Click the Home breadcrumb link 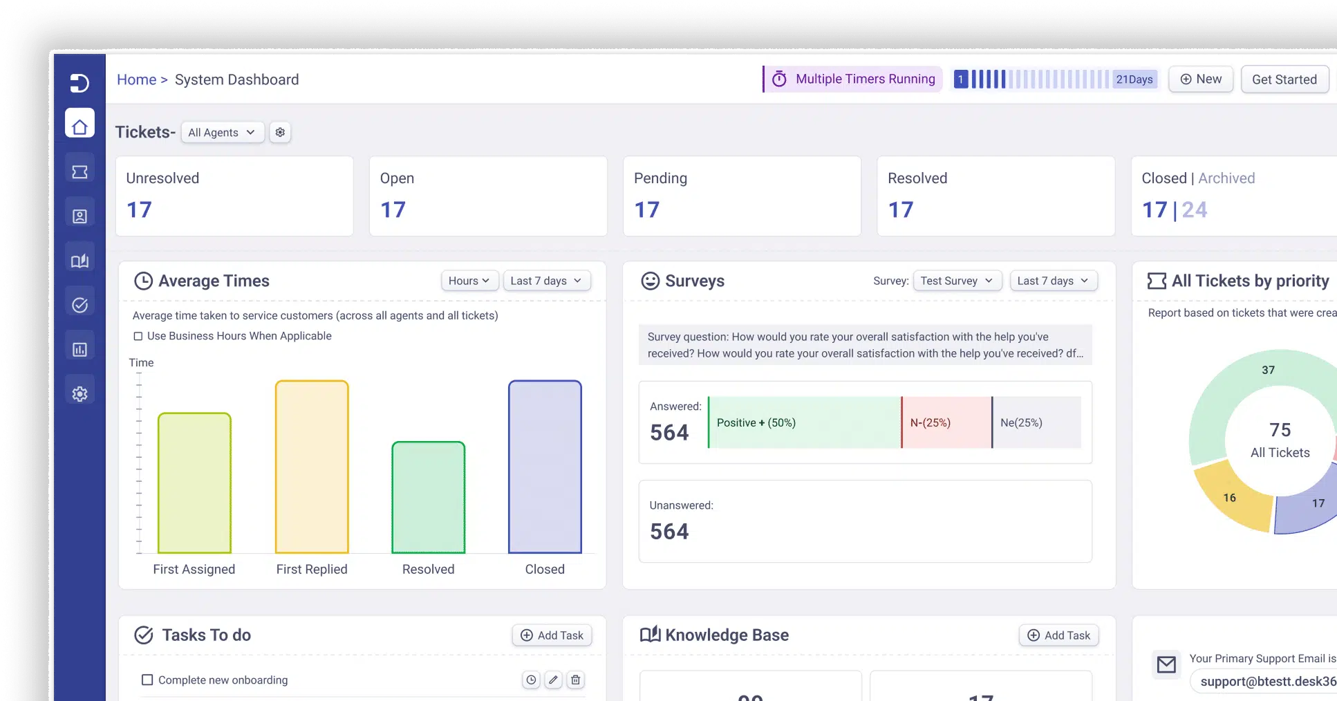point(136,80)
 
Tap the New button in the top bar point(1201,80)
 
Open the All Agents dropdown point(222,132)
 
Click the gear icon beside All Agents point(280,132)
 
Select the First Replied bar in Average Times point(312,467)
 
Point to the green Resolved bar point(429,497)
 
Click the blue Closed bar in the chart point(545,467)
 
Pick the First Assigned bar point(194,483)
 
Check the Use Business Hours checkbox point(138,336)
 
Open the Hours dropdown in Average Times point(469,281)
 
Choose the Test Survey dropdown point(957,281)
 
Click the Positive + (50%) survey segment point(805,422)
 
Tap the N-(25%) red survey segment point(946,422)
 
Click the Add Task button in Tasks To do point(552,635)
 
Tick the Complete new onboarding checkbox point(147,680)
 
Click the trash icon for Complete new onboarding point(575,680)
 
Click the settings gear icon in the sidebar point(80,393)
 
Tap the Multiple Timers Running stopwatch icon point(779,79)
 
